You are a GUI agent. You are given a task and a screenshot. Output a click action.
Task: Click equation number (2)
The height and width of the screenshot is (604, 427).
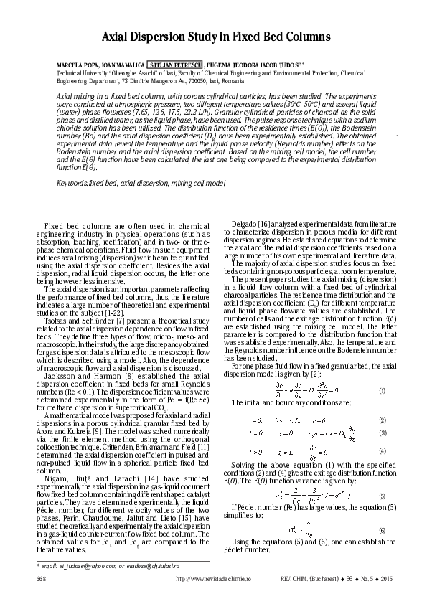click(383, 420)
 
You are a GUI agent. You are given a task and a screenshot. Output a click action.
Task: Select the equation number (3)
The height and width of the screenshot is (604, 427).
click(383, 433)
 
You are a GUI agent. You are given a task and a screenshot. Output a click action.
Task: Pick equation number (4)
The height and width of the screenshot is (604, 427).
click(383, 450)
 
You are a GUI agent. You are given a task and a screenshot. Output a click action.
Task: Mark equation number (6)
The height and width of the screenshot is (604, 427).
click(382, 529)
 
